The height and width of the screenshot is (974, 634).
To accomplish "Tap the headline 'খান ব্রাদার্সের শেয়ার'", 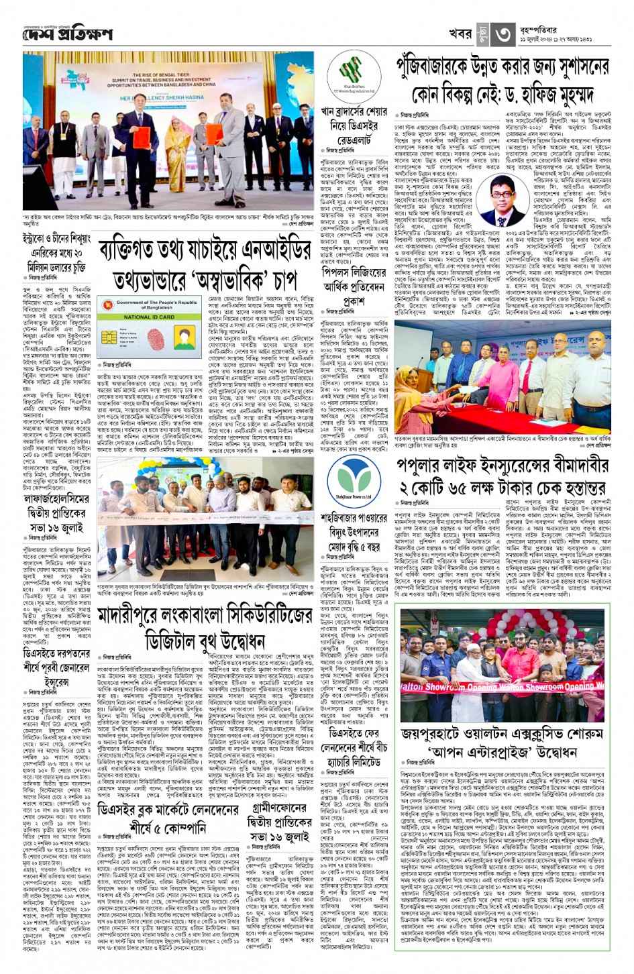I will pos(354,111).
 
